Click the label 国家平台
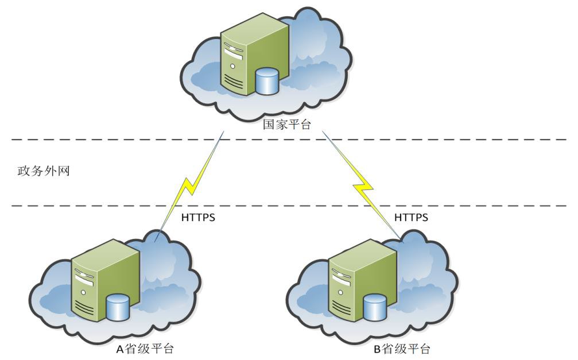286,124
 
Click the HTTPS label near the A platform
198,218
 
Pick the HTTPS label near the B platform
411,218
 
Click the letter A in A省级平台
119,349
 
